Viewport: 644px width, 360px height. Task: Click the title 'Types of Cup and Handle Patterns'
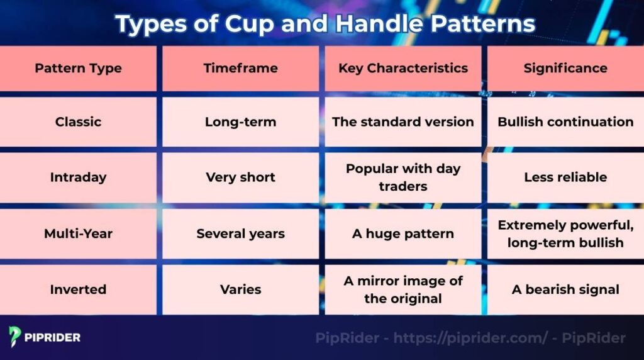click(325, 24)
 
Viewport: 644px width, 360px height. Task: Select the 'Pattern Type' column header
click(78, 68)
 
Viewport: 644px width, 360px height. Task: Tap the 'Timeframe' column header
click(240, 68)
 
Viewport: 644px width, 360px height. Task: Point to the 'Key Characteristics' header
click(402, 68)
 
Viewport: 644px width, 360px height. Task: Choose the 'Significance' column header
click(565, 68)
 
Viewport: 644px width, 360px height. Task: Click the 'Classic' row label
click(78, 122)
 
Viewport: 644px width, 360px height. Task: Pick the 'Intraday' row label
click(78, 177)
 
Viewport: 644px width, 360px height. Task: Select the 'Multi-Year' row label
click(78, 233)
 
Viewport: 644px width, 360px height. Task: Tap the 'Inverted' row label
click(78, 290)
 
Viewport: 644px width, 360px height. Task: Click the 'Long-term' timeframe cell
click(240, 122)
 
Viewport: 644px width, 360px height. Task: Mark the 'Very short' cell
click(240, 177)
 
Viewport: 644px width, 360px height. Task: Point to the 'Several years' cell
click(240, 233)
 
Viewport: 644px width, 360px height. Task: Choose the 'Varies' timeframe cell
click(240, 290)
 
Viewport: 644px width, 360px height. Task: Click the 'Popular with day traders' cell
click(402, 177)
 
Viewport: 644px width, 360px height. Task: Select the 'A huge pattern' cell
click(402, 233)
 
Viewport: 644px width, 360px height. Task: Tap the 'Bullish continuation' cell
click(565, 122)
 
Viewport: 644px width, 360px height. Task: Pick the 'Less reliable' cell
click(565, 177)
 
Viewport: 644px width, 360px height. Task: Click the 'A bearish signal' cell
click(565, 290)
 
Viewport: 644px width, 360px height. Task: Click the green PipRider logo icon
click(16, 336)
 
